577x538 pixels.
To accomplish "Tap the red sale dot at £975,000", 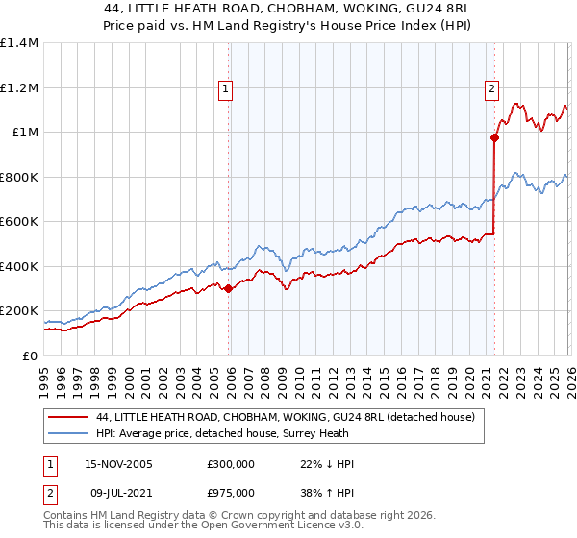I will [494, 137].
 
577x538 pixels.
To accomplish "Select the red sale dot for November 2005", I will [228, 288].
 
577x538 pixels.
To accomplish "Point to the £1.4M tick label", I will [20, 43].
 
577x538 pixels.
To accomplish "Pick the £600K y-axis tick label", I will [20, 222].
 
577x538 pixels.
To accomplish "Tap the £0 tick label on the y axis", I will [30, 355].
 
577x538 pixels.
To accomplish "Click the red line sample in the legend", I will [67, 417].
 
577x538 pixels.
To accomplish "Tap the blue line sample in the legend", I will [67, 434].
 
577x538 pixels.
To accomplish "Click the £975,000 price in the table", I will [231, 497].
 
